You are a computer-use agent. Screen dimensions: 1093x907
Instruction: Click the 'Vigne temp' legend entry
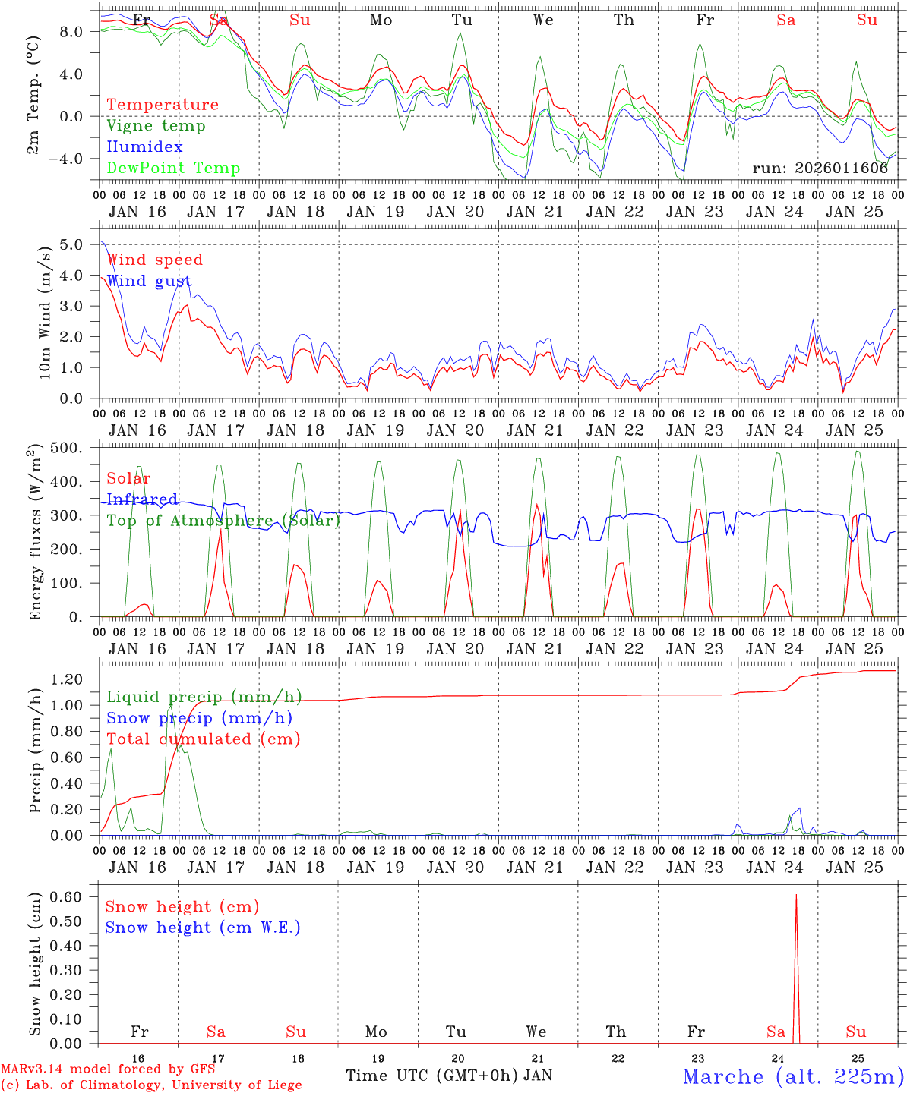click(x=156, y=126)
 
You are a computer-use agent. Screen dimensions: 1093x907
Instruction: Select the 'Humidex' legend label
click(x=145, y=147)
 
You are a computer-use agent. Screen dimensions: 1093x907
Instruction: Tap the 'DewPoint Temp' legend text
click(x=173, y=169)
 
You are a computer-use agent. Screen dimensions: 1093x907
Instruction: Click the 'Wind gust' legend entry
click(x=149, y=281)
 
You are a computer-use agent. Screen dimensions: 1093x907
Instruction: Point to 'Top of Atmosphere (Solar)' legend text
click(x=223, y=521)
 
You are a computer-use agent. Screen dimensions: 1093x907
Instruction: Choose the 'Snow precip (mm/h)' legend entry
click(x=199, y=718)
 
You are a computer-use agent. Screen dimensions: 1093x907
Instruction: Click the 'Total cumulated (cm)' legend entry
click(x=203, y=739)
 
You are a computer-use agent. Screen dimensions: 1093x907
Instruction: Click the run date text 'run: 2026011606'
click(x=820, y=169)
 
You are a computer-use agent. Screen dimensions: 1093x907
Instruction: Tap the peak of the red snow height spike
click(x=796, y=895)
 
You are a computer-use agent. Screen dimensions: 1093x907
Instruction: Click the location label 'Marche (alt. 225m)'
click(x=792, y=1076)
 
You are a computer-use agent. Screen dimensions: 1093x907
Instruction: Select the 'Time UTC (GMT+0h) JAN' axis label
click(x=449, y=1076)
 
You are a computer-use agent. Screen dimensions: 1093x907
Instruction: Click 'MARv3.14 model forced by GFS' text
click(x=108, y=1069)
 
